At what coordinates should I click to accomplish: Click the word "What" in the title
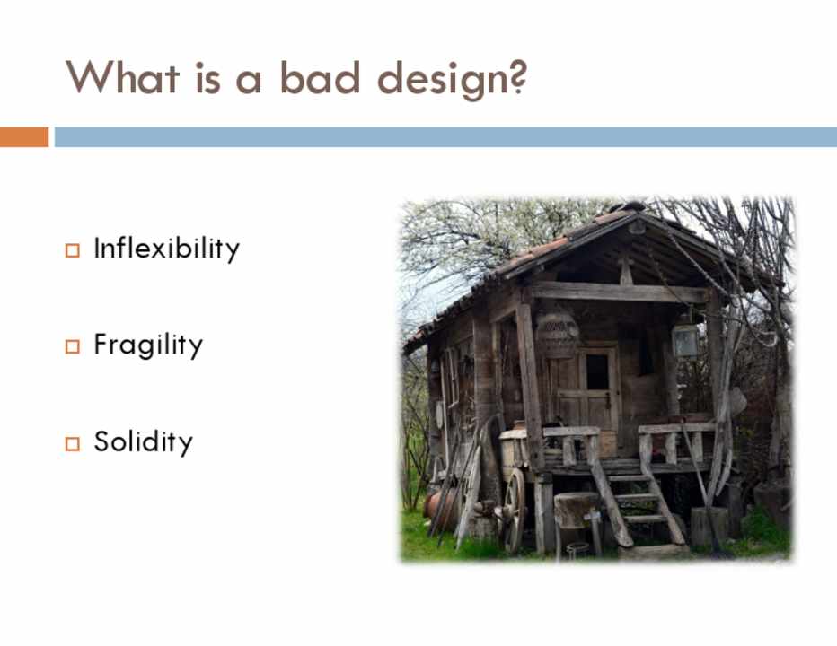pyautogui.click(x=122, y=78)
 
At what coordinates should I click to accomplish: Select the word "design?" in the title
pyautogui.click(x=453, y=80)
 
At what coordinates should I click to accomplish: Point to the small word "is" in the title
pyautogui.click(x=207, y=78)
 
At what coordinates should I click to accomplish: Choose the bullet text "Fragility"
pyautogui.click(x=148, y=345)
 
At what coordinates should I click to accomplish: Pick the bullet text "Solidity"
pyautogui.click(x=143, y=441)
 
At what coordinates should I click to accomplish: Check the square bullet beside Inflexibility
pyautogui.click(x=73, y=250)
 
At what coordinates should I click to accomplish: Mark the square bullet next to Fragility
pyautogui.click(x=73, y=346)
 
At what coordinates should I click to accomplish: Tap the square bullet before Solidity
pyautogui.click(x=73, y=444)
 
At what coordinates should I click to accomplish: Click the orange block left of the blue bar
pyautogui.click(x=24, y=136)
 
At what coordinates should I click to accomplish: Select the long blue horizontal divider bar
pyautogui.click(x=445, y=136)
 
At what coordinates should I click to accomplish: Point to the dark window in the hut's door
pyautogui.click(x=597, y=371)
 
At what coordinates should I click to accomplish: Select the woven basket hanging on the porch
pyautogui.click(x=558, y=334)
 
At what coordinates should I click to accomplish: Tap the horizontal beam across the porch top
pyautogui.click(x=619, y=292)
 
